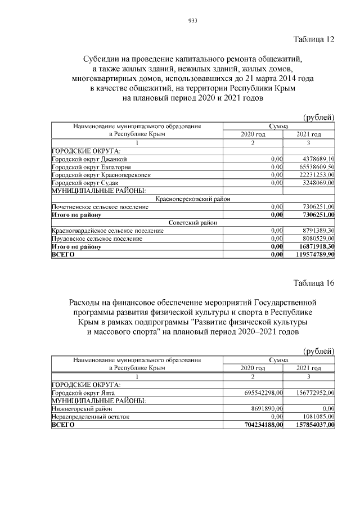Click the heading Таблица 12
coord(314,39)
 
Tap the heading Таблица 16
coord(314,283)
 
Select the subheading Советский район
coord(193,223)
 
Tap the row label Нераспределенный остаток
coord(90,417)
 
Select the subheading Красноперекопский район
coord(193,199)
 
